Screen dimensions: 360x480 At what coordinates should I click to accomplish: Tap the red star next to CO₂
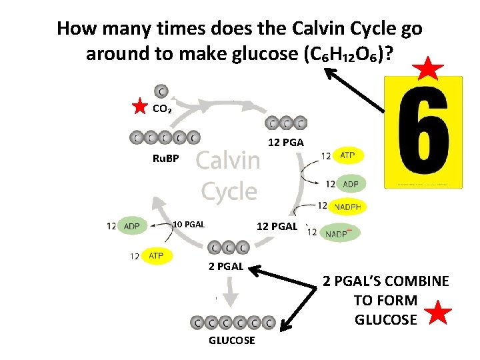click(139, 107)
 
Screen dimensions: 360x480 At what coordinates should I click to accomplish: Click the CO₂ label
click(162, 109)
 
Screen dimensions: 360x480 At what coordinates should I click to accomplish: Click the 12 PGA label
click(285, 142)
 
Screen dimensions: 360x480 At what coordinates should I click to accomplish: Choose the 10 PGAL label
click(189, 224)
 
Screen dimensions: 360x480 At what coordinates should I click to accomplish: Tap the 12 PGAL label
click(277, 226)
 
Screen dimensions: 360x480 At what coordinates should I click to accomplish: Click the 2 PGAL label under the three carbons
click(225, 267)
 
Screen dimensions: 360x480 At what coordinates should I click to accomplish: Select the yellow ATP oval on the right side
click(347, 155)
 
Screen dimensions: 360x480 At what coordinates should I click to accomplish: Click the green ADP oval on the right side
click(349, 183)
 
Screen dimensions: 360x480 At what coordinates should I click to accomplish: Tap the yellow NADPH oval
click(347, 207)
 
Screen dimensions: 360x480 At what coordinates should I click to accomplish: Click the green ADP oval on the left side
click(132, 226)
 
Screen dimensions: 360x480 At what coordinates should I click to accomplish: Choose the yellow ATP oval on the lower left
click(156, 255)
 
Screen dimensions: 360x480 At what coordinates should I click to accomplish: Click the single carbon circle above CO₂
click(161, 91)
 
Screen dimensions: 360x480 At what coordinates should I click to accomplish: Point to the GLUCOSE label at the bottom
click(232, 340)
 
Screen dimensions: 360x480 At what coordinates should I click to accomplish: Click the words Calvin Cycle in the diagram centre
click(229, 175)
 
